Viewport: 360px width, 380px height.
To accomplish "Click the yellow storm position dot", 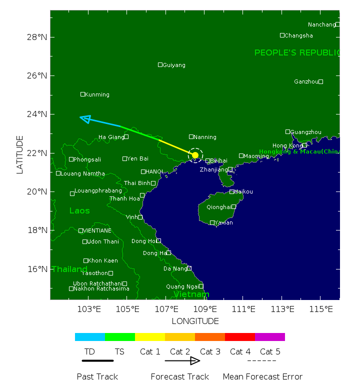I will click(x=195, y=154).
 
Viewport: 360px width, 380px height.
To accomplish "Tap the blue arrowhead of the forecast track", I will click(x=85, y=118).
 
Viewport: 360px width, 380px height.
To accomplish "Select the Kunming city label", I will click(x=97, y=94).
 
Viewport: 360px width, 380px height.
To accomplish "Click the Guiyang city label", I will click(x=174, y=65).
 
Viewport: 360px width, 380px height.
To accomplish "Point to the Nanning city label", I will click(x=205, y=137).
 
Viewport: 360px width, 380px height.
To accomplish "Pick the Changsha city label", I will click(x=299, y=35).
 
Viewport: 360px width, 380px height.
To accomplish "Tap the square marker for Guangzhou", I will click(x=288, y=131).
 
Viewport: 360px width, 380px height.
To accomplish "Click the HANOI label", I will click(x=154, y=171).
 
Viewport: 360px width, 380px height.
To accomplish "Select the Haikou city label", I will click(x=244, y=191).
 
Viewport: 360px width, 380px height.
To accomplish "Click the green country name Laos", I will click(x=79, y=211).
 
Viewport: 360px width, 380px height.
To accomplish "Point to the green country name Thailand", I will click(x=69, y=269).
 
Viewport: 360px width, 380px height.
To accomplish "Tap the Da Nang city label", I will click(x=174, y=268).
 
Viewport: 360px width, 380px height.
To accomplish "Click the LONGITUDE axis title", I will click(x=195, y=321).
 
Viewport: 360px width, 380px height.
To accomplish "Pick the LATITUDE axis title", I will click(x=20, y=154).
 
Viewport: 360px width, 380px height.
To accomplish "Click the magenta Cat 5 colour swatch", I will click(x=270, y=337).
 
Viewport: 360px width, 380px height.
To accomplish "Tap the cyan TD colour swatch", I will click(x=90, y=337).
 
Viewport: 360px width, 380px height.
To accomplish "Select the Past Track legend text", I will click(x=97, y=376).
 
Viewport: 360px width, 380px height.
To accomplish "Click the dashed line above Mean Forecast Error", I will click(x=261, y=360).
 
